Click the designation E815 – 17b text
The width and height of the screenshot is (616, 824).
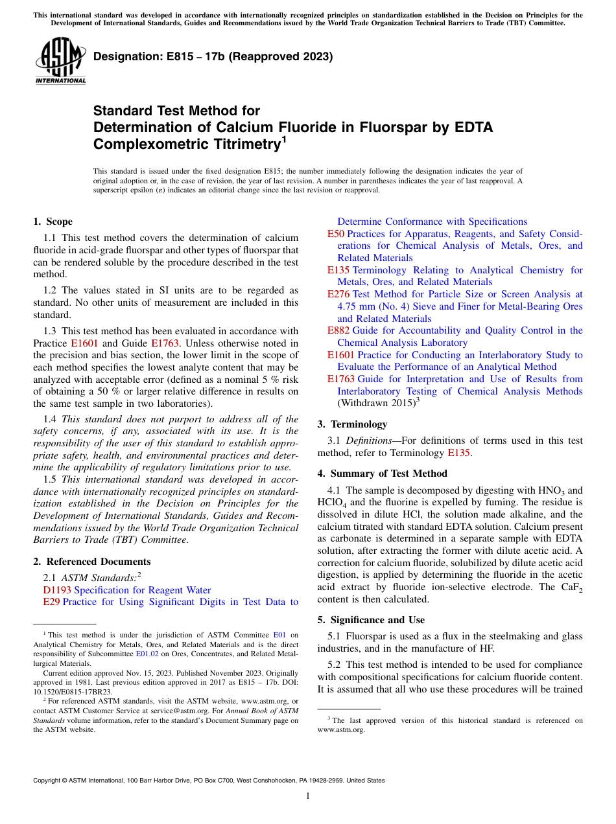pyautogui.click(x=213, y=56)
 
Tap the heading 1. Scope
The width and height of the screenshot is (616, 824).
pyautogui.click(x=53, y=222)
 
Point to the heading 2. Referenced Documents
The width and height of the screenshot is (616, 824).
pyautogui.click(x=92, y=562)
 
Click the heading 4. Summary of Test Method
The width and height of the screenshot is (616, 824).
pyautogui.click(x=382, y=474)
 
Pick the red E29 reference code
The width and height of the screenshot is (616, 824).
pyautogui.click(x=51, y=602)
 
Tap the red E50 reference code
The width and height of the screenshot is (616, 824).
pyautogui.click(x=335, y=234)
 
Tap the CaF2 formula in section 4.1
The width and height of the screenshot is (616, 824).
pyautogui.click(x=571, y=588)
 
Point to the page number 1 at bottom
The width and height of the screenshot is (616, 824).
pyautogui.click(x=308, y=796)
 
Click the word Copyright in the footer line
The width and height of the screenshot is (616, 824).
pyautogui.click(x=49, y=781)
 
